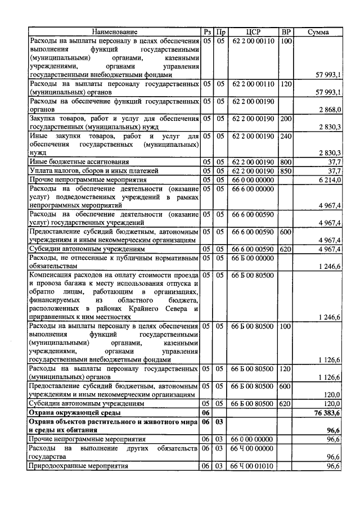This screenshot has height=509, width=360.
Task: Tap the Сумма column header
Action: tap(318, 32)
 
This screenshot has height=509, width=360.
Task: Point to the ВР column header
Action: tap(286, 32)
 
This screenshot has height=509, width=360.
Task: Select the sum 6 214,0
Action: tap(330, 179)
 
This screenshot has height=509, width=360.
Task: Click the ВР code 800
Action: tap(286, 162)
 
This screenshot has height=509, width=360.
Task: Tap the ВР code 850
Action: tap(286, 170)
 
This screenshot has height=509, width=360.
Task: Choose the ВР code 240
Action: tap(286, 136)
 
